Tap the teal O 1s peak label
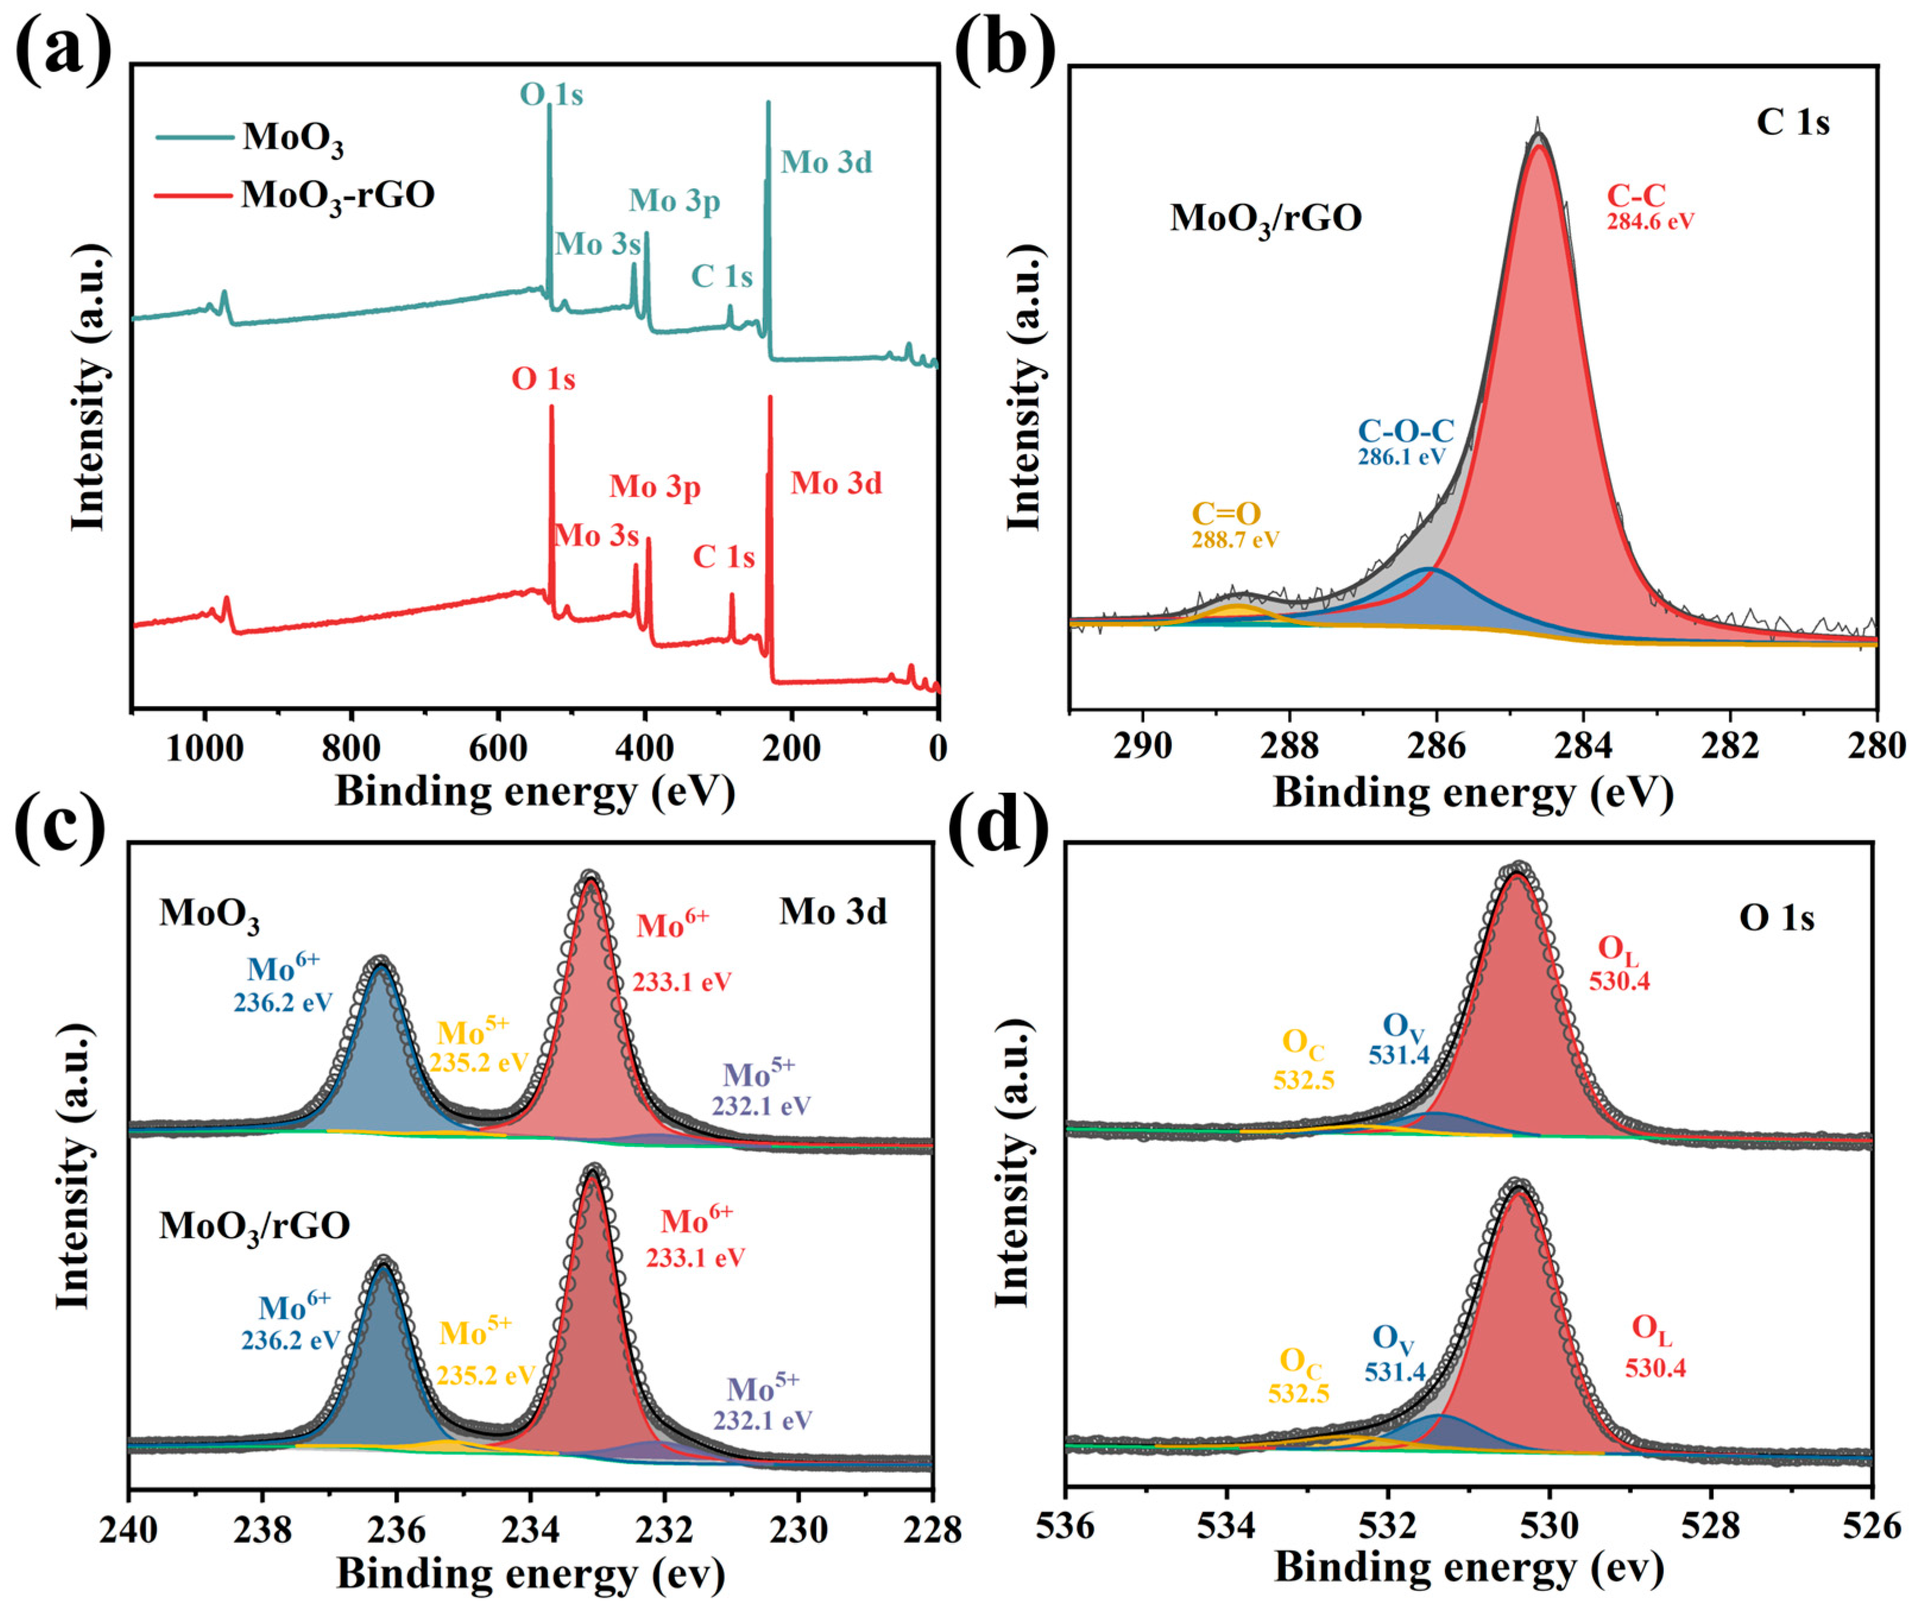(x=551, y=94)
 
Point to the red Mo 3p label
(x=655, y=488)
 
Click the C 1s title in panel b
(x=1792, y=122)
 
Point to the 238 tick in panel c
(x=263, y=1529)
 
